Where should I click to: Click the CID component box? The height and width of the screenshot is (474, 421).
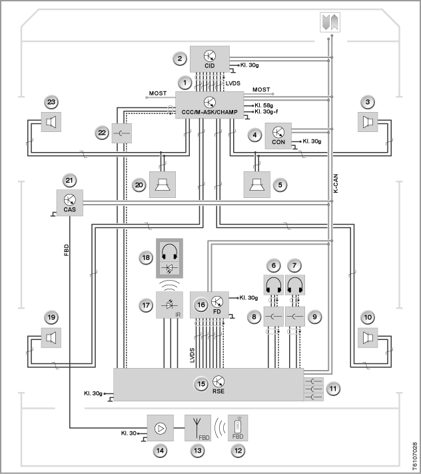pyautogui.click(x=210, y=59)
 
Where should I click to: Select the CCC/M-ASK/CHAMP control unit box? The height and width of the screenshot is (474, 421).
pyautogui.click(x=210, y=105)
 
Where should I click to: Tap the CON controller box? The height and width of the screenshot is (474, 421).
pyautogui.click(x=278, y=136)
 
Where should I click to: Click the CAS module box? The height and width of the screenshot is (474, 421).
pyautogui.click(x=70, y=203)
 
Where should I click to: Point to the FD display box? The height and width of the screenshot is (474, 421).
pyautogui.click(x=209, y=305)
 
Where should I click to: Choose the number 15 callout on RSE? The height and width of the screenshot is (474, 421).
pyautogui.click(x=201, y=384)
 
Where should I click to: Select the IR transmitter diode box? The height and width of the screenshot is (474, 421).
pyautogui.click(x=169, y=305)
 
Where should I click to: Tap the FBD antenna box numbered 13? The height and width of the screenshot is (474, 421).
pyautogui.click(x=198, y=428)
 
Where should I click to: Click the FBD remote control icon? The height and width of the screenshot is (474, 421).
pyautogui.click(x=238, y=428)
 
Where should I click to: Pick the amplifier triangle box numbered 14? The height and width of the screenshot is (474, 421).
pyautogui.click(x=161, y=428)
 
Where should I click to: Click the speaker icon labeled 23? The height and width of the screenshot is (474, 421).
pyautogui.click(x=51, y=122)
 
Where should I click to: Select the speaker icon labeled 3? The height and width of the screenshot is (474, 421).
pyautogui.click(x=368, y=122)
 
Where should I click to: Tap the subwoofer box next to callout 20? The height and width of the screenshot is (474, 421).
pyautogui.click(x=163, y=185)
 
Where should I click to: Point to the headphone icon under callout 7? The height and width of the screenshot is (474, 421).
pyautogui.click(x=295, y=285)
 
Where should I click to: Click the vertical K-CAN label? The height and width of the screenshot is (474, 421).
pyautogui.click(x=336, y=183)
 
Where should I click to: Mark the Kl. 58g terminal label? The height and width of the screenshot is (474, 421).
pyautogui.click(x=264, y=105)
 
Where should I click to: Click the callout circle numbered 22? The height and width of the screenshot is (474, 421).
pyautogui.click(x=102, y=133)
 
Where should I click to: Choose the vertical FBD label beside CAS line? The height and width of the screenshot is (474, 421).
pyautogui.click(x=67, y=250)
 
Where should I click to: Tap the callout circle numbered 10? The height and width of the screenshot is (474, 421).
pyautogui.click(x=368, y=317)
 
